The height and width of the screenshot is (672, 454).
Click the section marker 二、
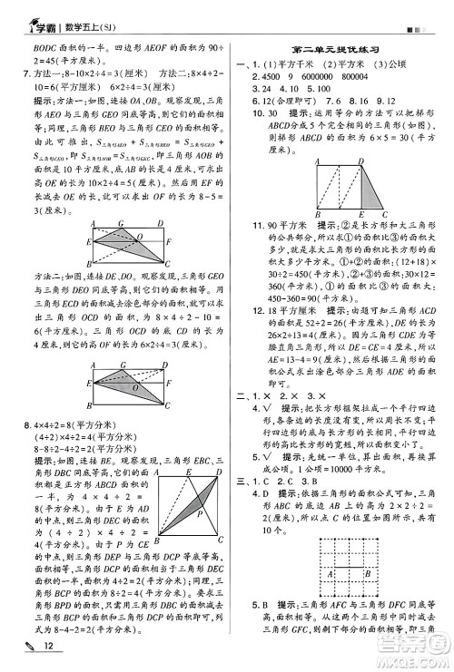point(242,396)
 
